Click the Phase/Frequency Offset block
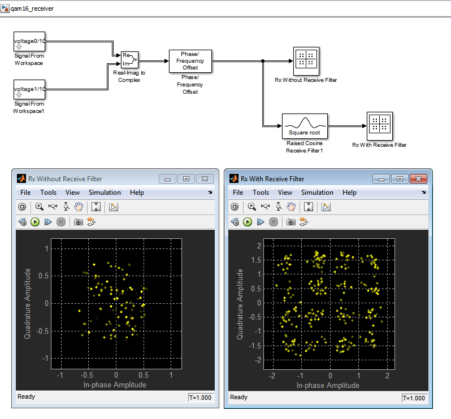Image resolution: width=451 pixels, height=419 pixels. pos(190,61)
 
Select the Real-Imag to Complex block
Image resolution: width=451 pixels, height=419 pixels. pos(129,60)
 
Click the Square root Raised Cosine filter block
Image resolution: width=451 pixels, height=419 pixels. pos(305,126)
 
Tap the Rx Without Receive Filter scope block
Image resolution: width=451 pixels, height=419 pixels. pos(306,61)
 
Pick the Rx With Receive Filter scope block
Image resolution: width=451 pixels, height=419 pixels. pos(380,126)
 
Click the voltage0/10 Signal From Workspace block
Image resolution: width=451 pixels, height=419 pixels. pos(29,41)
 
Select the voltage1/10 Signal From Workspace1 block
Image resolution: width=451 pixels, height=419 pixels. pos(29,89)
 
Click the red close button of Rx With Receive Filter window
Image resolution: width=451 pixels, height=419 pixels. pos(418,179)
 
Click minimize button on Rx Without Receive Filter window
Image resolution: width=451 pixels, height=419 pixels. pos(167,179)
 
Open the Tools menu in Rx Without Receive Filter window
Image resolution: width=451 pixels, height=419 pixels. pos(49,193)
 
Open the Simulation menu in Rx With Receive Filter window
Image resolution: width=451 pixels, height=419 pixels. pos(317,193)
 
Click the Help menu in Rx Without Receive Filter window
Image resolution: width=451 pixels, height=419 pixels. pos(137,193)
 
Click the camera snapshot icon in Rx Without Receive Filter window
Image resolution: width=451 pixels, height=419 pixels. pos(78,222)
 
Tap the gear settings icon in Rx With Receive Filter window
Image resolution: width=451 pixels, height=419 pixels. pos(235,207)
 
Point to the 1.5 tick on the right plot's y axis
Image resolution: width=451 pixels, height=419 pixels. pos(256,260)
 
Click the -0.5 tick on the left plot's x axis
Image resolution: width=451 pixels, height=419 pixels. pos(87,375)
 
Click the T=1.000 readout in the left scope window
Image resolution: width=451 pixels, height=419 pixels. pos(201,398)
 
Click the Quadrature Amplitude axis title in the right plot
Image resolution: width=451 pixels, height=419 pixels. pos(240,304)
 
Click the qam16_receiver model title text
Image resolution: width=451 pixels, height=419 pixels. pos(32,8)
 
